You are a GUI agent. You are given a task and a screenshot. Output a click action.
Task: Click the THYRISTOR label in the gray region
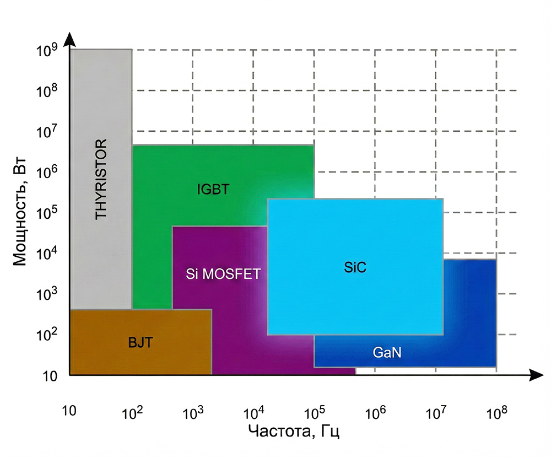click(x=101, y=179)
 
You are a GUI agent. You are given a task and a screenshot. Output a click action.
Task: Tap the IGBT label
click(x=212, y=191)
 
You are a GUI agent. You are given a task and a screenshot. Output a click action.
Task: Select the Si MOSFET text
click(x=223, y=274)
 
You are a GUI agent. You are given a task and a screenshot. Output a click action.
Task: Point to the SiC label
click(x=355, y=268)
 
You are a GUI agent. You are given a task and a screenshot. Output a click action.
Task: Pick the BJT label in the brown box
click(x=140, y=342)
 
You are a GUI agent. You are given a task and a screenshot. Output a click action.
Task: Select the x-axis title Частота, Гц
click(x=293, y=430)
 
